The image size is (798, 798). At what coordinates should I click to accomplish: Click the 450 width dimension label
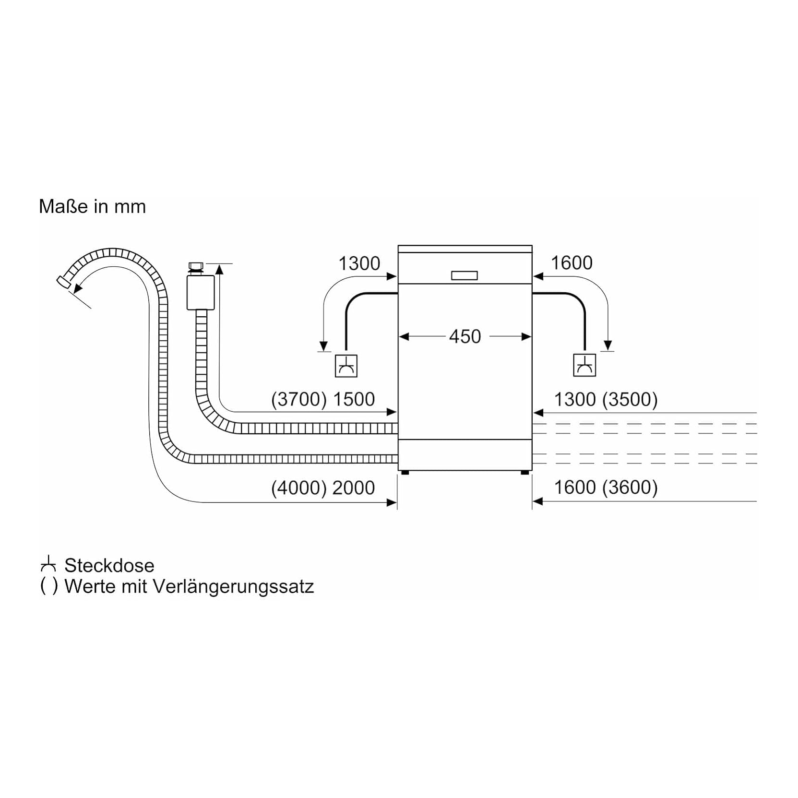[x=465, y=336]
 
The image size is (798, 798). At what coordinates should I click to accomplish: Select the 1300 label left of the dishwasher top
[x=359, y=263]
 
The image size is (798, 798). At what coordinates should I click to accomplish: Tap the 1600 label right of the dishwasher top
[x=571, y=263]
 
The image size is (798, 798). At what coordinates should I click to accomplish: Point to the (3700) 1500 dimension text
[x=322, y=399]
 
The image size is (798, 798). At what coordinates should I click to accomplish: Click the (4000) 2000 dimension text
[x=322, y=488]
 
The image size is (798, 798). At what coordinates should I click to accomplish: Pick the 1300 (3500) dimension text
[x=606, y=399]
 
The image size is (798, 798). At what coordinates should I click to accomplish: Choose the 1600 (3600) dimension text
[x=606, y=488]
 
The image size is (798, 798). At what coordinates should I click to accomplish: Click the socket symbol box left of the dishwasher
[x=346, y=366]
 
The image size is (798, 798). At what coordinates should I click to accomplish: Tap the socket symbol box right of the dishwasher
[x=584, y=365]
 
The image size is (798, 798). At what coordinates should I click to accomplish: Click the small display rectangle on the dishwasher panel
[x=465, y=275]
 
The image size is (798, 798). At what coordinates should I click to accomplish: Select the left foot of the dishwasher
[x=405, y=473]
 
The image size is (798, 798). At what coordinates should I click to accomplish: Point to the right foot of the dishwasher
[x=524, y=473]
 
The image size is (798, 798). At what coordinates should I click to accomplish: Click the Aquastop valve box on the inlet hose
[x=201, y=292]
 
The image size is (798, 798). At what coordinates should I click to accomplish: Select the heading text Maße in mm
[x=92, y=206]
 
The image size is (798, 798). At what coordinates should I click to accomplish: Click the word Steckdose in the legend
[x=109, y=565]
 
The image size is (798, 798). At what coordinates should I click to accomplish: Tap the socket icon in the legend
[x=48, y=564]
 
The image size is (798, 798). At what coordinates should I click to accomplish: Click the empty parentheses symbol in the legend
[x=49, y=586]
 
